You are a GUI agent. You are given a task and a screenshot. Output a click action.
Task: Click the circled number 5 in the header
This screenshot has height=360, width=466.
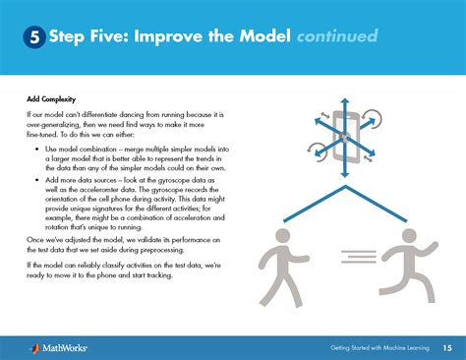(33, 38)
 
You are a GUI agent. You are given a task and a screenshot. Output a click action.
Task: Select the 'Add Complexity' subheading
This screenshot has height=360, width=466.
(51, 99)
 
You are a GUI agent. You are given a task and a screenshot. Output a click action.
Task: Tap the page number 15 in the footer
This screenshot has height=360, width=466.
(447, 346)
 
